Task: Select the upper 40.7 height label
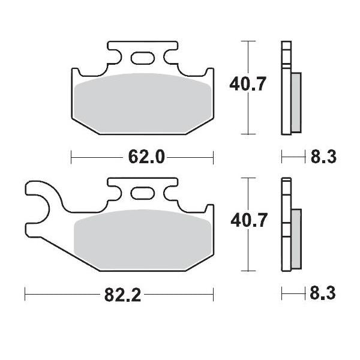(247, 85)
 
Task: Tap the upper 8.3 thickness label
(322, 158)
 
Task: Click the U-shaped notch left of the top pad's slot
(116, 56)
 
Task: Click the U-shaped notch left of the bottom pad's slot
(116, 191)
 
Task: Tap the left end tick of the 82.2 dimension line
(25, 295)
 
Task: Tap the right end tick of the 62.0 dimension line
(214, 157)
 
